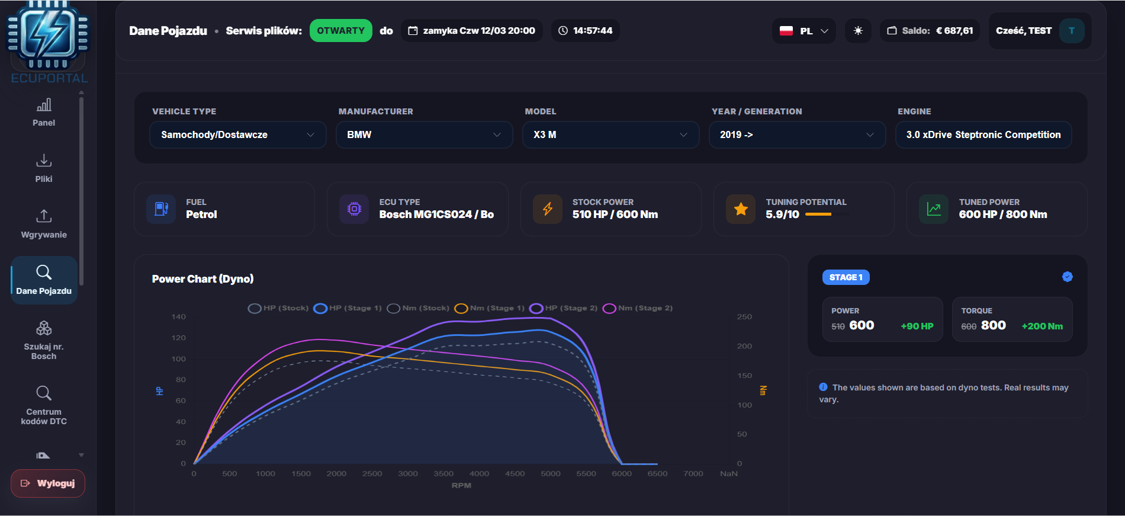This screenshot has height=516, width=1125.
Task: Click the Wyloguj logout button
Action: (48, 483)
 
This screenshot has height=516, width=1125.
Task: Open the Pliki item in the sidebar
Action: (44, 168)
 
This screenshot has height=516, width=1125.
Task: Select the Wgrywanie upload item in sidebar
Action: (44, 224)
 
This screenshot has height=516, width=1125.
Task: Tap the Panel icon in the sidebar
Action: (44, 105)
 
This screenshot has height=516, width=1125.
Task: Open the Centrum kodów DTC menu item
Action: (44, 406)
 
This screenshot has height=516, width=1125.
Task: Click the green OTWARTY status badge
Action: (340, 31)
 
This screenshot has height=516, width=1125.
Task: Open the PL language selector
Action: (803, 31)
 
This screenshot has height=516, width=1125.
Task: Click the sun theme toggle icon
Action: (858, 31)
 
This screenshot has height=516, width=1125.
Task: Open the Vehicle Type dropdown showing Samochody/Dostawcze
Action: (237, 135)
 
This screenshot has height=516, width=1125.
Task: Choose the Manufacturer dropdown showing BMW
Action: (424, 135)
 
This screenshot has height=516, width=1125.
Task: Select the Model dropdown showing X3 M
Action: (610, 135)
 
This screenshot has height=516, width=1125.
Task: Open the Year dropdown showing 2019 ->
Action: (797, 135)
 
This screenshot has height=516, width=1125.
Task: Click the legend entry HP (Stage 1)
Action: (348, 308)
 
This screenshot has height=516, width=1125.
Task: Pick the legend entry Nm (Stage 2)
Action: (638, 308)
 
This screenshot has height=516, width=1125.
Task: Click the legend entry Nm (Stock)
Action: (418, 308)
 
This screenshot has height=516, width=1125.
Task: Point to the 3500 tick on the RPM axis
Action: (443, 473)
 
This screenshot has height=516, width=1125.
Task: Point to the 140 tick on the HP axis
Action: (178, 317)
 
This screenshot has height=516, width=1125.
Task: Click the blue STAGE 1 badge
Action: (846, 277)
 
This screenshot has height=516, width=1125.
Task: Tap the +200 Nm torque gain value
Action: (1042, 326)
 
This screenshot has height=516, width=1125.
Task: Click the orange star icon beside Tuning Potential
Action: (741, 209)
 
